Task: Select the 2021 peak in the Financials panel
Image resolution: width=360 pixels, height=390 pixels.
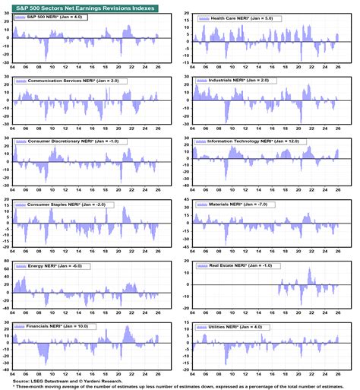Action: pos(126,328)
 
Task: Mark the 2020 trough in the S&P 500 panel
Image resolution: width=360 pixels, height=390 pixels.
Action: pos(120,58)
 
